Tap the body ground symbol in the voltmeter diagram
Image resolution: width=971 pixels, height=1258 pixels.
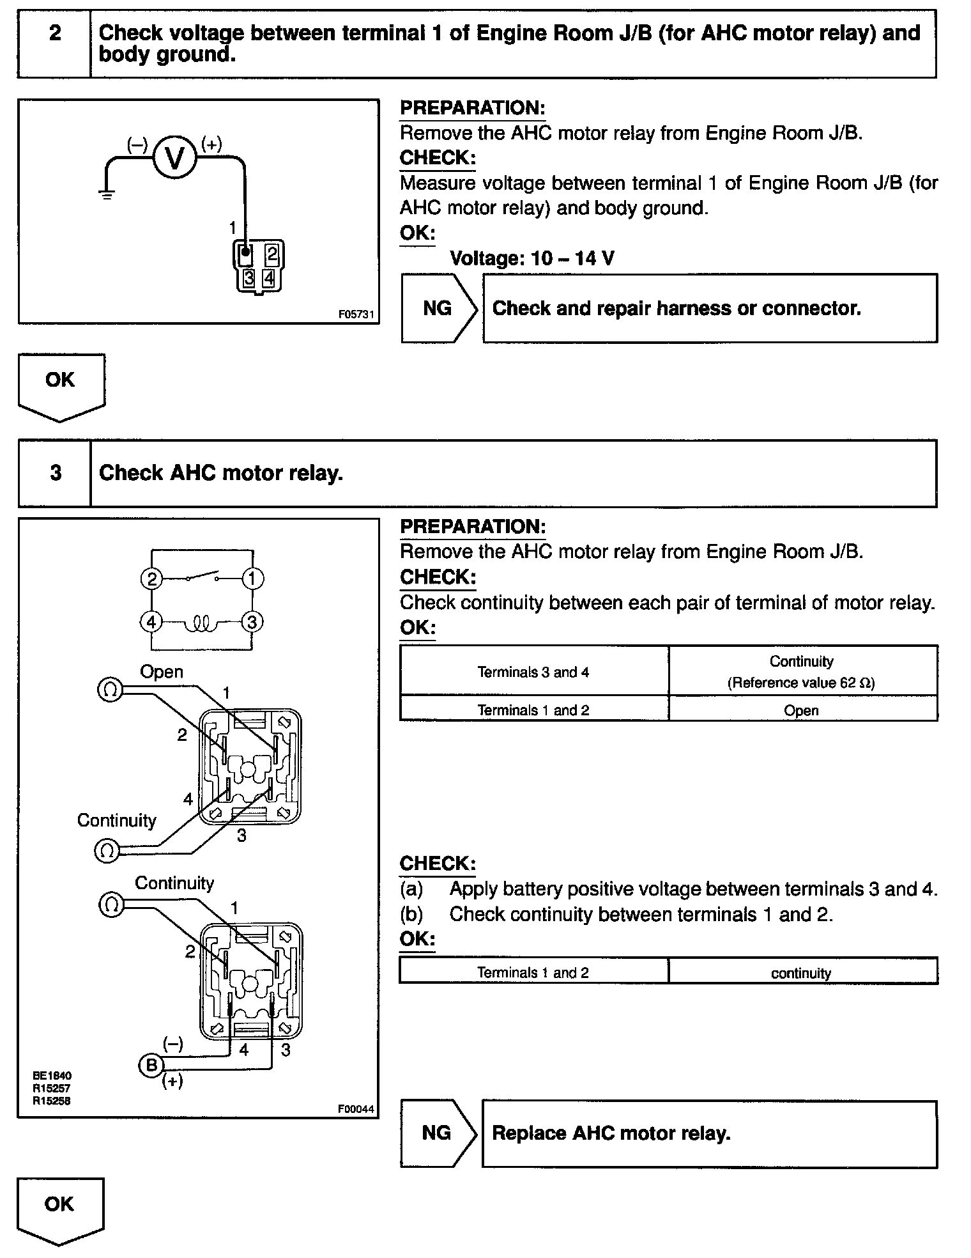click(x=107, y=194)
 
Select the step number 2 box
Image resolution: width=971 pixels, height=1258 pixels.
click(x=55, y=43)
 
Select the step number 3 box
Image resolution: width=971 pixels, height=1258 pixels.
click(x=55, y=473)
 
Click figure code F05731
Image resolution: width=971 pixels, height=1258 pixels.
click(x=356, y=314)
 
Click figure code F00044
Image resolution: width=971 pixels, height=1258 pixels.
click(x=356, y=1109)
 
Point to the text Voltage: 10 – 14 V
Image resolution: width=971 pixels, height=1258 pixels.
click(x=532, y=258)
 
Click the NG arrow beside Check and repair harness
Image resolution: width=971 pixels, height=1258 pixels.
click(x=438, y=308)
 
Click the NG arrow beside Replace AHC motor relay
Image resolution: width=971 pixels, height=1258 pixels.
click(x=438, y=1133)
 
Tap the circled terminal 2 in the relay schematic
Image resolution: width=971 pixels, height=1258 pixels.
click(x=151, y=579)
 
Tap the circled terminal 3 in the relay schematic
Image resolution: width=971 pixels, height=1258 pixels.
click(x=252, y=622)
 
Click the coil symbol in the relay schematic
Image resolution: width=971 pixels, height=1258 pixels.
click(x=202, y=622)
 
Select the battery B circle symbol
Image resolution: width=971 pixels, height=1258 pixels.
click(x=151, y=1065)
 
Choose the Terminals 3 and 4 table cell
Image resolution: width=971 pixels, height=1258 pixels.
click(x=533, y=672)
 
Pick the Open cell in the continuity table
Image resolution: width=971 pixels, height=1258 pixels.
click(x=801, y=710)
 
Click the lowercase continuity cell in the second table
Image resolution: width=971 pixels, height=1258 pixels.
click(x=801, y=973)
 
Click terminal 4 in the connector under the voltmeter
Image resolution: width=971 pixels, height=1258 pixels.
click(x=269, y=279)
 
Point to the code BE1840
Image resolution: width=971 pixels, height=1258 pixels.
click(x=52, y=1076)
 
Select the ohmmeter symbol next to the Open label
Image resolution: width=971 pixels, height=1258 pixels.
click(x=110, y=689)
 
